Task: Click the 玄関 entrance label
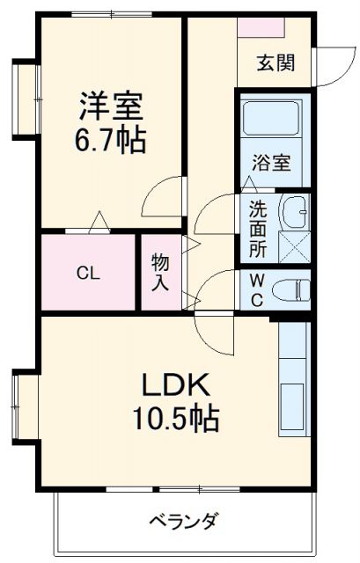276,63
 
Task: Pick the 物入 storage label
160,272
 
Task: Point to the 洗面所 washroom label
256,229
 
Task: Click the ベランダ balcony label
182,520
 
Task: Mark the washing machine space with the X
294,245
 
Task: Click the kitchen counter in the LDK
294,387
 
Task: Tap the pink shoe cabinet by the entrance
260,26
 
